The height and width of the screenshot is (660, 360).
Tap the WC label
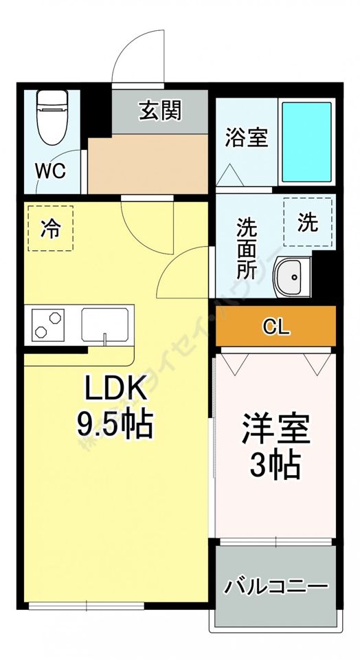pos(51,170)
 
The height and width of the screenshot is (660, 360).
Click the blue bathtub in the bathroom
pos(307,141)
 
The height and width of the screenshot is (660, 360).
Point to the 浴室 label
pos(246,137)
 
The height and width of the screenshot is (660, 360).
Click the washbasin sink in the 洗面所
pos(291,278)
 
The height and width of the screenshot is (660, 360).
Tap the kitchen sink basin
pos(104,324)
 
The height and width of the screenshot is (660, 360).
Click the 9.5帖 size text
pos(114,426)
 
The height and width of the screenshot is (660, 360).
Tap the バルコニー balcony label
pos(275,587)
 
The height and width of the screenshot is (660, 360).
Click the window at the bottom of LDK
pos(86,606)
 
